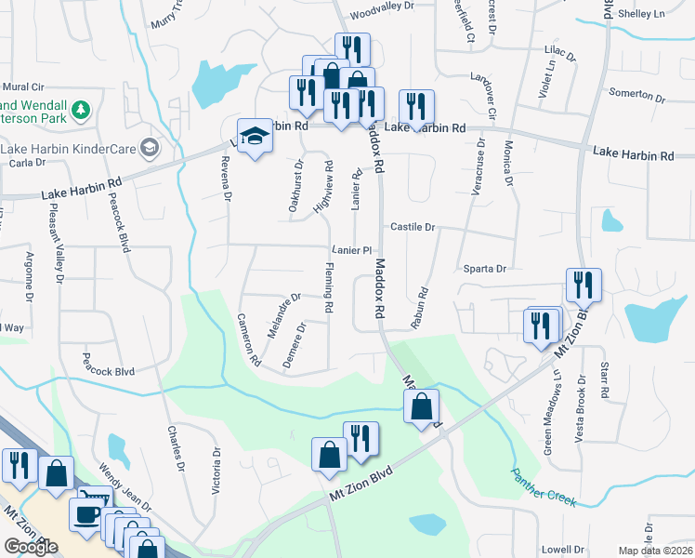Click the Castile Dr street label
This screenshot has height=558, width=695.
(x=413, y=227)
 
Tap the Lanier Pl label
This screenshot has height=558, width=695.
(x=352, y=251)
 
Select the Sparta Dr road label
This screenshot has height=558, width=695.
(x=484, y=269)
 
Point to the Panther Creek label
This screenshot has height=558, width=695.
(x=544, y=488)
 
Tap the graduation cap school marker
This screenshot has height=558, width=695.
(x=252, y=138)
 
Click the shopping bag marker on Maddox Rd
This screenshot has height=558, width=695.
(x=422, y=406)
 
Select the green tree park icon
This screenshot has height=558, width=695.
(x=83, y=111)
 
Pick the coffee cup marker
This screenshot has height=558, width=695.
(x=88, y=515)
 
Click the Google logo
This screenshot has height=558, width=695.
(x=32, y=546)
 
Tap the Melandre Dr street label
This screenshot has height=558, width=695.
(x=284, y=315)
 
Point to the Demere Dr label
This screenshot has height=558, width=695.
(x=295, y=345)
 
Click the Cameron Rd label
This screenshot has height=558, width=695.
(x=247, y=338)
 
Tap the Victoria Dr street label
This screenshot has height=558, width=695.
(x=216, y=471)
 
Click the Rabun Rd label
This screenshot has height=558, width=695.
(x=419, y=308)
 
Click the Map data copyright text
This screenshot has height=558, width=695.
(x=656, y=551)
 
